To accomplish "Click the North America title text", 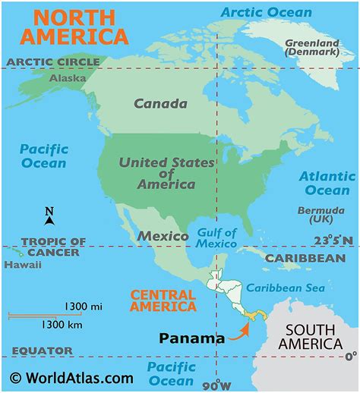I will (x=74, y=27).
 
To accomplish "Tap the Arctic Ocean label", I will (x=265, y=12).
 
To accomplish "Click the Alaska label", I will (x=68, y=78).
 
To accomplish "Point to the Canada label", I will (x=160, y=103).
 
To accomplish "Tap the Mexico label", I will (x=163, y=236).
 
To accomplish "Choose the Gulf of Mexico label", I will (x=216, y=238).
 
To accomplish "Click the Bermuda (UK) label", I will (x=315, y=214).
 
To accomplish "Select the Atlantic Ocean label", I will (x=327, y=183).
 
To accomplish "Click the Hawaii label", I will (x=17, y=266).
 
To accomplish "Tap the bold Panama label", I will (x=191, y=338).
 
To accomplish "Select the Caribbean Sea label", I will (x=285, y=288).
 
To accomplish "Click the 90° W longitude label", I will (x=218, y=384).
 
